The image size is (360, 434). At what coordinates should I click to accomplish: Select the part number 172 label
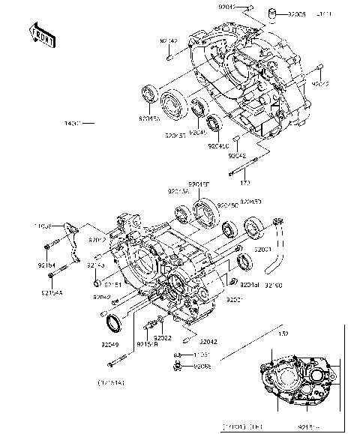(x=244, y=181)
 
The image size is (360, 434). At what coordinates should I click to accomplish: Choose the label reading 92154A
(x=51, y=291)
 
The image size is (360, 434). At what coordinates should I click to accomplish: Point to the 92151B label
(x=146, y=344)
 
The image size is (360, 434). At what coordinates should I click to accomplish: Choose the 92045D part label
(x=250, y=202)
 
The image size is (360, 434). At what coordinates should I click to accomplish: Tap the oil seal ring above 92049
(x=112, y=323)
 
